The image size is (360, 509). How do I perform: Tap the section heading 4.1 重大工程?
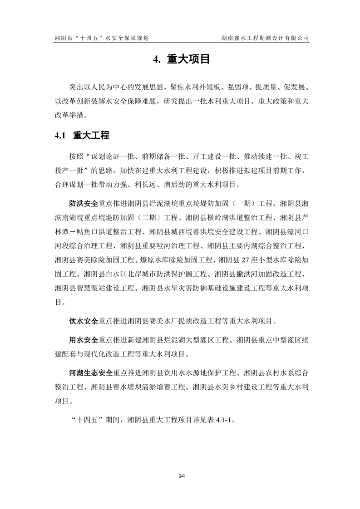81,135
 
